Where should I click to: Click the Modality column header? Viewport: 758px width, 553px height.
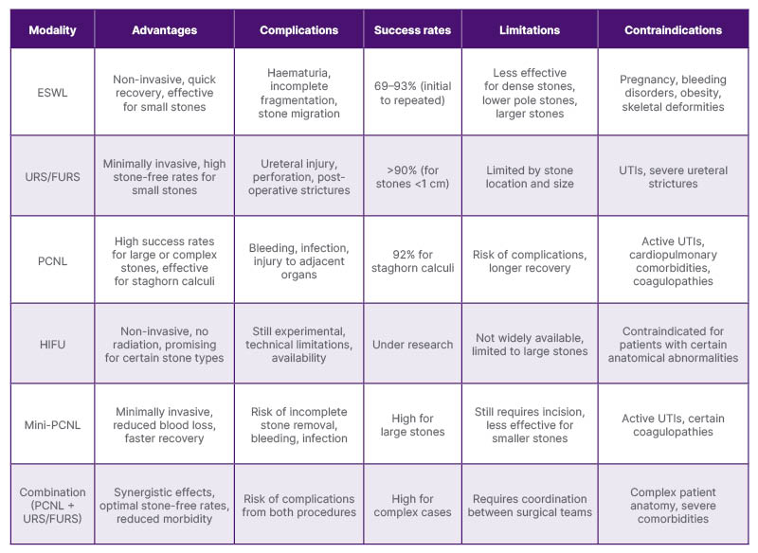53,30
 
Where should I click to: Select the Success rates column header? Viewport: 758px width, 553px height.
412,30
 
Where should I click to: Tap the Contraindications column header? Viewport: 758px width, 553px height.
673,30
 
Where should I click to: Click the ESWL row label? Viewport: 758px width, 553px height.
53,94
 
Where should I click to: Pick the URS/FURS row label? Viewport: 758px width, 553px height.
53,177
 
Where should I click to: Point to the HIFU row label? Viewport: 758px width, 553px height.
53,345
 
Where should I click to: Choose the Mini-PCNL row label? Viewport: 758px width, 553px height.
53,425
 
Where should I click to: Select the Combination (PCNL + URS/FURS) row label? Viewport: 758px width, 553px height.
53,506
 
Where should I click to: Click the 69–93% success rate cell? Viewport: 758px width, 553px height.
412,94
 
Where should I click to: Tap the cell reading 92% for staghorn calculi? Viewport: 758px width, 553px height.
412,261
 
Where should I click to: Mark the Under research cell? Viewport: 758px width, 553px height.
412,345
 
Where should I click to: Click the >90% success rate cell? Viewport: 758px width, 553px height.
412,177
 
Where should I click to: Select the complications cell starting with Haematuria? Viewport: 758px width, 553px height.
299,94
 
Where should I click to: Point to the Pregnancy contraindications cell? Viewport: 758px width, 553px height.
673,94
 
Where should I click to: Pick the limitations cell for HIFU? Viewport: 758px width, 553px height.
530,345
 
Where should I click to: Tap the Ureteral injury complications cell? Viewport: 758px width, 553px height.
299,177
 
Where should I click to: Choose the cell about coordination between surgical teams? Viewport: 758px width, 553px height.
530,506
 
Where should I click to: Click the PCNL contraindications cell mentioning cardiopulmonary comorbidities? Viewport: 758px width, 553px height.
673,261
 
